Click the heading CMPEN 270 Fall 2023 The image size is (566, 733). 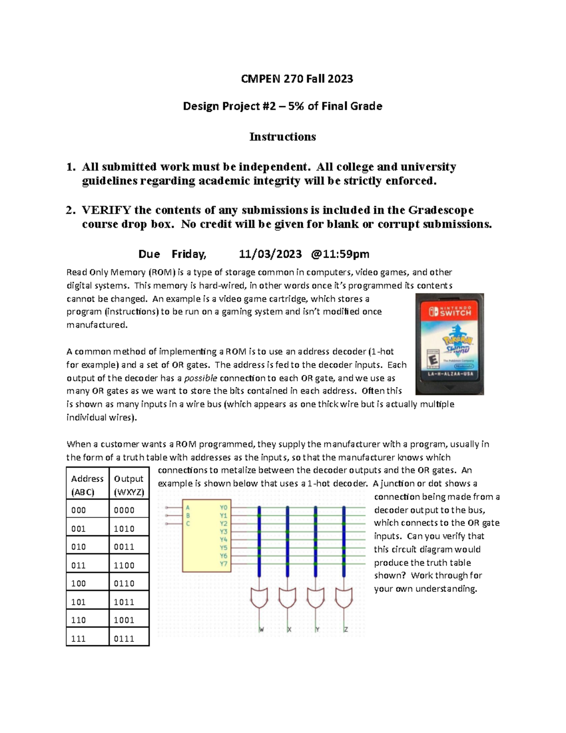tap(297, 79)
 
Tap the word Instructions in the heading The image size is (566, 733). tap(283, 137)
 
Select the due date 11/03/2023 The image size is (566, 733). tap(270, 254)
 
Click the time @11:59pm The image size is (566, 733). tap(340, 254)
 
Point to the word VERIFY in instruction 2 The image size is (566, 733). tap(106, 210)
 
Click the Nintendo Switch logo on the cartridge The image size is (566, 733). tap(449, 312)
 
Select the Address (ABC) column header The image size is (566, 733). tap(87, 485)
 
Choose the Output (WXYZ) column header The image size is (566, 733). tap(129, 485)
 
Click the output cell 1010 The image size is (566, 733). tap(124, 529)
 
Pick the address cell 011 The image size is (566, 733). tap(78, 565)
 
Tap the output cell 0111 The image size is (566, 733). tap(124, 639)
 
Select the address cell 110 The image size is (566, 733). tap(78, 620)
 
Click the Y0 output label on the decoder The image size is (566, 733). tap(224, 508)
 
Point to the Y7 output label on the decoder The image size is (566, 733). tap(224, 564)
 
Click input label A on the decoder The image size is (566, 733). tap(188, 508)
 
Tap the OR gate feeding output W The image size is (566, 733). tap(259, 598)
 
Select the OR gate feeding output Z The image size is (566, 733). tap(344, 598)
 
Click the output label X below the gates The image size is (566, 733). tap(289, 630)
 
